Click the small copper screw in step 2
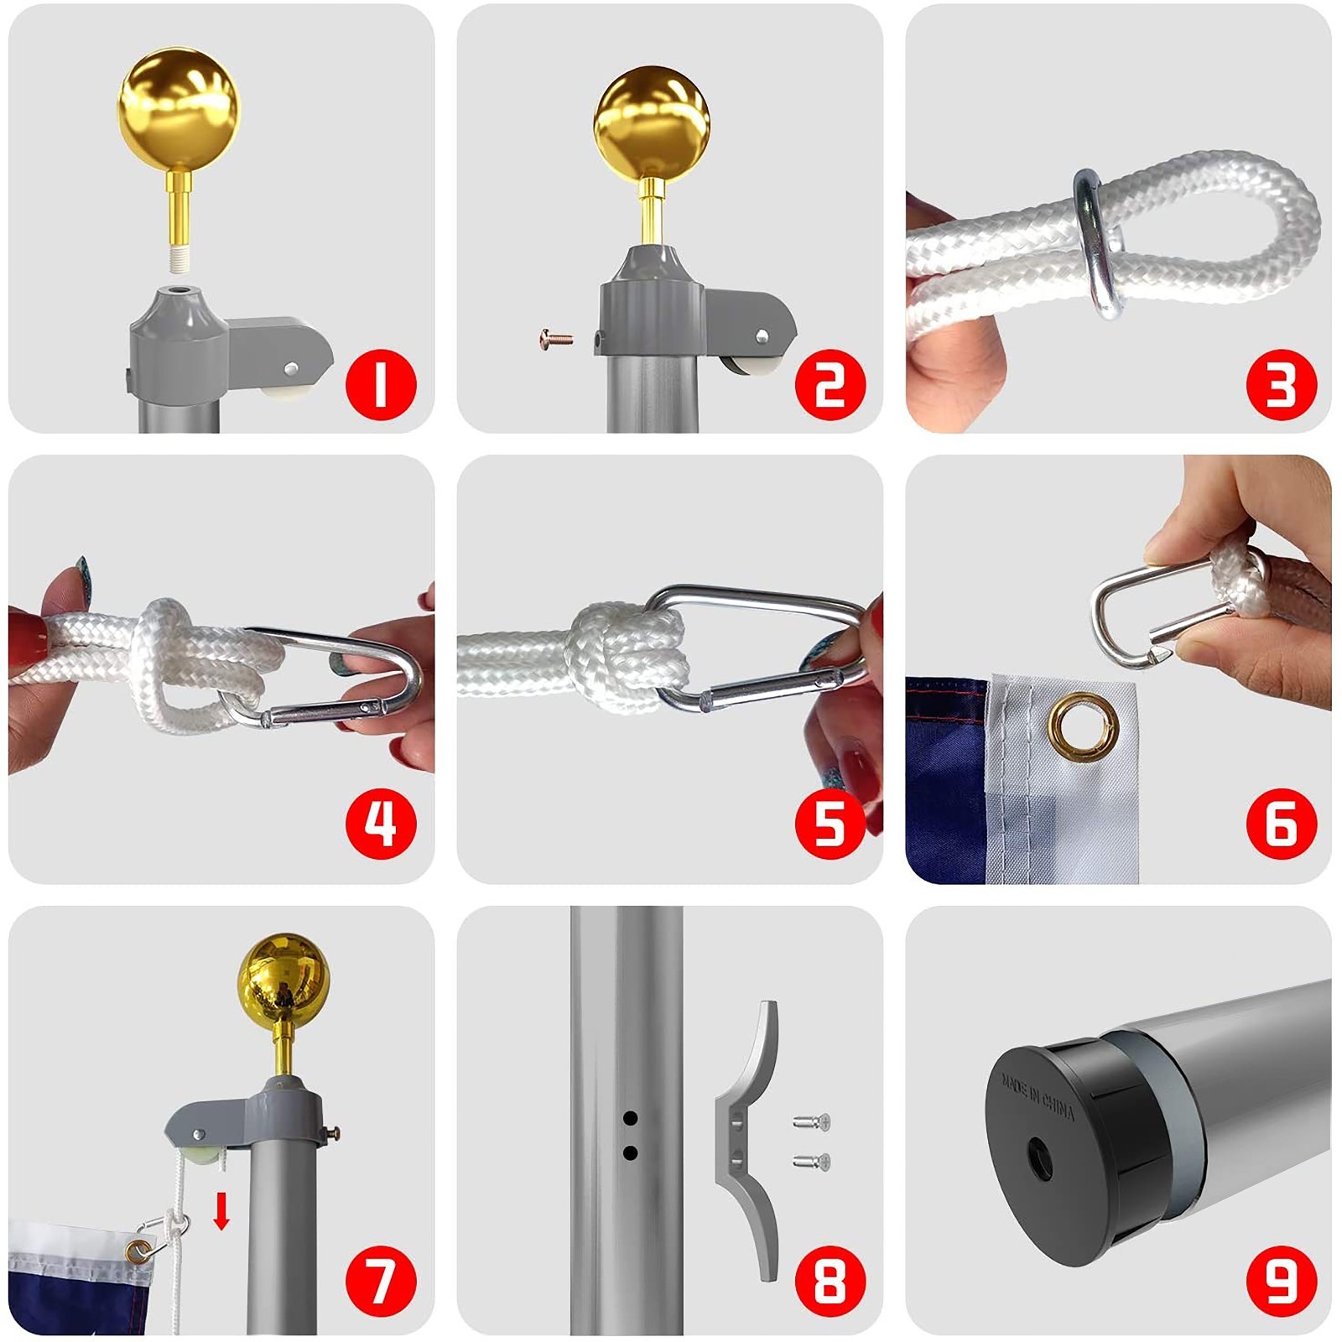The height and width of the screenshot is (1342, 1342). (x=556, y=340)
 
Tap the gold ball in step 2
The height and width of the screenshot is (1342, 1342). (x=652, y=123)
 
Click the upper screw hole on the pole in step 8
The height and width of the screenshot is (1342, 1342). (x=630, y=1118)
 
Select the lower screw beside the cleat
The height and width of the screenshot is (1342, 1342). (x=811, y=1161)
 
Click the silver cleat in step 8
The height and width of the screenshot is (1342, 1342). (x=747, y=1141)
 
